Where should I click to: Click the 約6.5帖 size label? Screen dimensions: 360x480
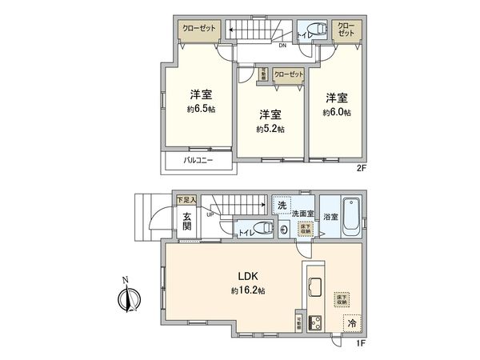tap(200, 110)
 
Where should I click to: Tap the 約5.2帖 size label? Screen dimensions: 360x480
tap(270, 128)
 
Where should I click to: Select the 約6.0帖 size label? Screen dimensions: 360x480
tap(336, 113)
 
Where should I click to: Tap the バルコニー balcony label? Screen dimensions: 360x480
tap(197, 161)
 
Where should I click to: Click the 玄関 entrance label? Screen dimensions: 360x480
tap(186, 221)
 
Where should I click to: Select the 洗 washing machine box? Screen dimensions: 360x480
tap(282, 206)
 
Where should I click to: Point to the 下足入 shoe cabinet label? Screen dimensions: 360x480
tap(185, 198)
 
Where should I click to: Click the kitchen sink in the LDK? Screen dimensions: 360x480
tap(314, 285)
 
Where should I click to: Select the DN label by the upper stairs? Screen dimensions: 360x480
tap(282, 46)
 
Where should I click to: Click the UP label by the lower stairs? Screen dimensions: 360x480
tap(210, 214)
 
